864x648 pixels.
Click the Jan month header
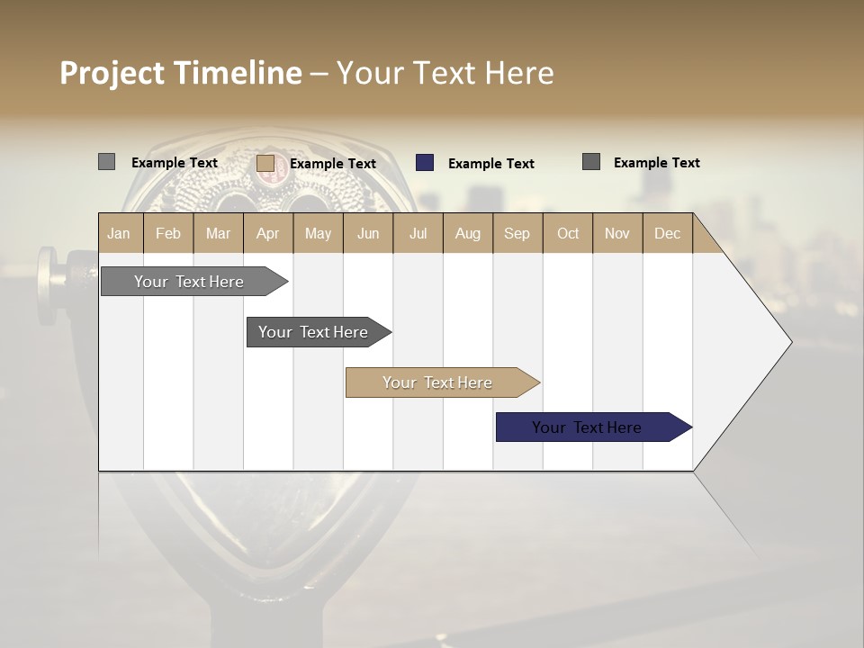coord(119,233)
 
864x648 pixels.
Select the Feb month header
coord(168,233)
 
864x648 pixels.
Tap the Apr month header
coord(267,233)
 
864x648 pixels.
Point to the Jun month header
coord(368,233)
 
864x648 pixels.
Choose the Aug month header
coord(467,233)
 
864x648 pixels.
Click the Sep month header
coord(517,233)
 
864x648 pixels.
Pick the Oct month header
coord(568,233)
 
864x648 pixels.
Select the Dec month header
coord(667,233)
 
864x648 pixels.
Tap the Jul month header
coord(418,233)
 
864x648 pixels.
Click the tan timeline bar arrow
coord(441,382)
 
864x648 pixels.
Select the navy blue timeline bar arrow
coord(592,427)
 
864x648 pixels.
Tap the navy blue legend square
coord(425,163)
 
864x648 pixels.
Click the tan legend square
coord(265,163)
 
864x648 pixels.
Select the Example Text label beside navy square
coord(490,164)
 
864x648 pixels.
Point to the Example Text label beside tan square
coord(332,164)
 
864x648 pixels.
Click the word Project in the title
coord(112,73)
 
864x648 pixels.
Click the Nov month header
coord(616,233)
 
